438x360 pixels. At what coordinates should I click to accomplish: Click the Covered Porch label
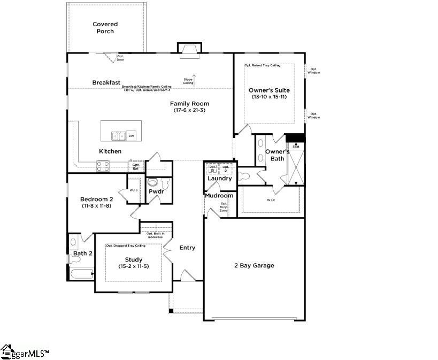(105, 28)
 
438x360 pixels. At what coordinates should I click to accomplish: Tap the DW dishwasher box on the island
(131, 136)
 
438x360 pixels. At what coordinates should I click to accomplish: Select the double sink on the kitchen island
(119, 136)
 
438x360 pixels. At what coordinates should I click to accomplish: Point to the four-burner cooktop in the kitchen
(103, 166)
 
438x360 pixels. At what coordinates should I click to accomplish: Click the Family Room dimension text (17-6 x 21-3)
(189, 110)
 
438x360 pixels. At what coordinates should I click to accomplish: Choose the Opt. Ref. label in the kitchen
(136, 167)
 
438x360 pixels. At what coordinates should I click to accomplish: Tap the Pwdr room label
(156, 191)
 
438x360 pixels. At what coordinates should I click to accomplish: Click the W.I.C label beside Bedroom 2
(134, 190)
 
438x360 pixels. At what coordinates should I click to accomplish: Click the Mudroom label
(219, 196)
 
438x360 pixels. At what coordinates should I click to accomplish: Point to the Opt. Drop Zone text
(224, 207)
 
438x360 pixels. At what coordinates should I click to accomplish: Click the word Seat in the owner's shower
(296, 146)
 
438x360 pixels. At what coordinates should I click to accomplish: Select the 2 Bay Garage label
(254, 265)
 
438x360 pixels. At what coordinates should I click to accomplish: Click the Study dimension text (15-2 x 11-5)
(134, 266)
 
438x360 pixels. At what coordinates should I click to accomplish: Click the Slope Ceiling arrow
(195, 80)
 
